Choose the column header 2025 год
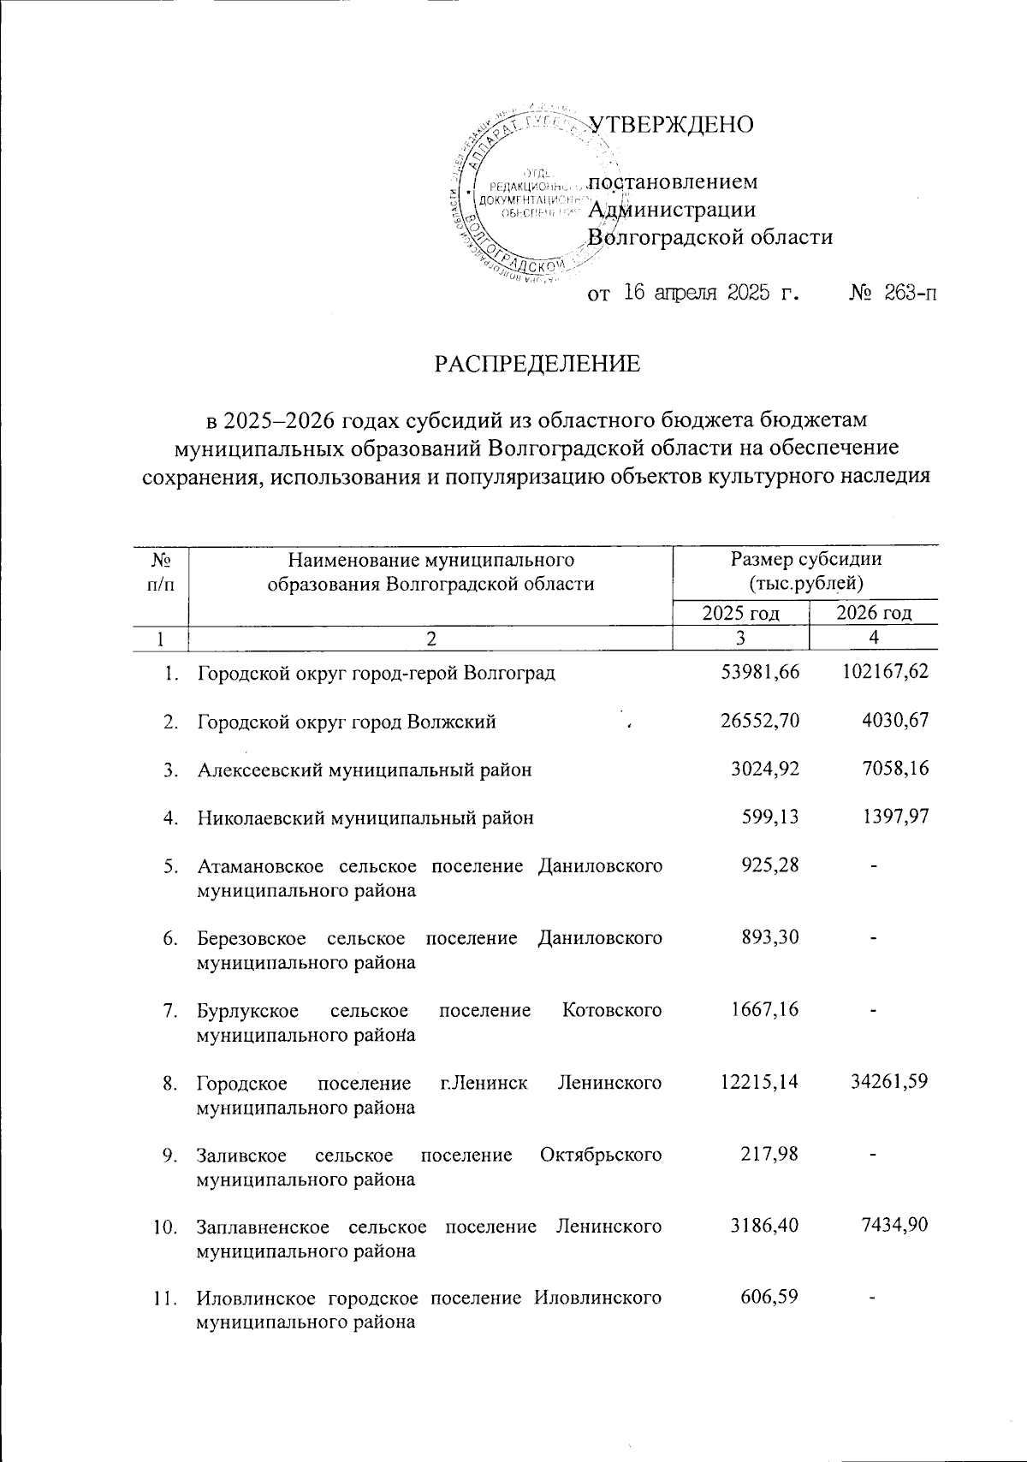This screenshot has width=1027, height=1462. [x=741, y=613]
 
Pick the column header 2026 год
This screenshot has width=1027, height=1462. [x=874, y=613]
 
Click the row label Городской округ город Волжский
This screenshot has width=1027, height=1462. [x=347, y=722]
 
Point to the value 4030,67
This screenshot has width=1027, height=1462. [x=895, y=722]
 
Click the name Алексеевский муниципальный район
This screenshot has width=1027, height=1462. [x=365, y=770]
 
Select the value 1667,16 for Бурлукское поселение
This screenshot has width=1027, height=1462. [x=766, y=1010]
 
